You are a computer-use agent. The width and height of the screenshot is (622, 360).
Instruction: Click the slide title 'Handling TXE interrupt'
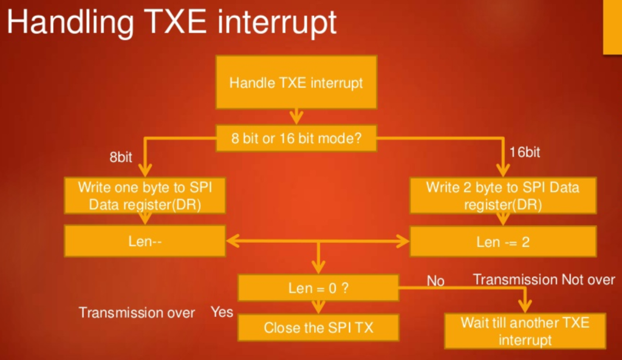pyautogui.click(x=171, y=23)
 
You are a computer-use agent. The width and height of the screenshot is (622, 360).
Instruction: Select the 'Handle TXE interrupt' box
pyautogui.click(x=296, y=82)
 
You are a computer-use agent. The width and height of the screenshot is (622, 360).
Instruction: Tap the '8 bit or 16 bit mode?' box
pyautogui.click(x=296, y=138)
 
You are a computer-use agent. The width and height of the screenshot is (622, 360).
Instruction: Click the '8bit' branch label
pyautogui.click(x=121, y=157)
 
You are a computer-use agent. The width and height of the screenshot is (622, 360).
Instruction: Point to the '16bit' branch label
pyautogui.click(x=524, y=152)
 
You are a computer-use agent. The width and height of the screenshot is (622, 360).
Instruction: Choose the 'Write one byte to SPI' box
pyautogui.click(x=145, y=195)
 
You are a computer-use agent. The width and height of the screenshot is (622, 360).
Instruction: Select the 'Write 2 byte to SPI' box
pyautogui.click(x=503, y=195)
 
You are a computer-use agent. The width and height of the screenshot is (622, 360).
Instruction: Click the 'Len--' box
pyautogui.click(x=145, y=241)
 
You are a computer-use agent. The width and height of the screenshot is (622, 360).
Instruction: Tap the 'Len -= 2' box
pyautogui.click(x=503, y=242)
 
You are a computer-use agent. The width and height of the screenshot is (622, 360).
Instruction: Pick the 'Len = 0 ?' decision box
pyautogui.click(x=318, y=287)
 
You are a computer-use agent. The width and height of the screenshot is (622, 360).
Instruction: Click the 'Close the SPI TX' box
pyautogui.click(x=318, y=327)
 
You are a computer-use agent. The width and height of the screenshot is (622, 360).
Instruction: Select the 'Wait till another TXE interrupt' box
pyautogui.click(x=525, y=331)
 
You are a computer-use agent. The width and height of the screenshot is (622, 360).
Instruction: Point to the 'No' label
pyautogui.click(x=435, y=280)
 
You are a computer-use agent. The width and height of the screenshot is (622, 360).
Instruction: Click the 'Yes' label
pyautogui.click(x=222, y=312)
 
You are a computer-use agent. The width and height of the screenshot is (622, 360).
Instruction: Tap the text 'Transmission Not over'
pyautogui.click(x=544, y=279)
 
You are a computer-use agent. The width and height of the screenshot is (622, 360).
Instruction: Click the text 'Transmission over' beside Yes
pyautogui.click(x=137, y=313)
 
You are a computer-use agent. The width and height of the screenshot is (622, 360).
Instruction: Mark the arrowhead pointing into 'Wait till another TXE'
pyautogui.click(x=525, y=307)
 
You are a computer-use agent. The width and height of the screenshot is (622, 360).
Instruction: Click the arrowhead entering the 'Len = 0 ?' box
pyautogui.click(x=318, y=268)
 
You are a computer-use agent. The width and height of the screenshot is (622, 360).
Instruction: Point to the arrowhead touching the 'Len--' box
pyautogui.click(x=233, y=241)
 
